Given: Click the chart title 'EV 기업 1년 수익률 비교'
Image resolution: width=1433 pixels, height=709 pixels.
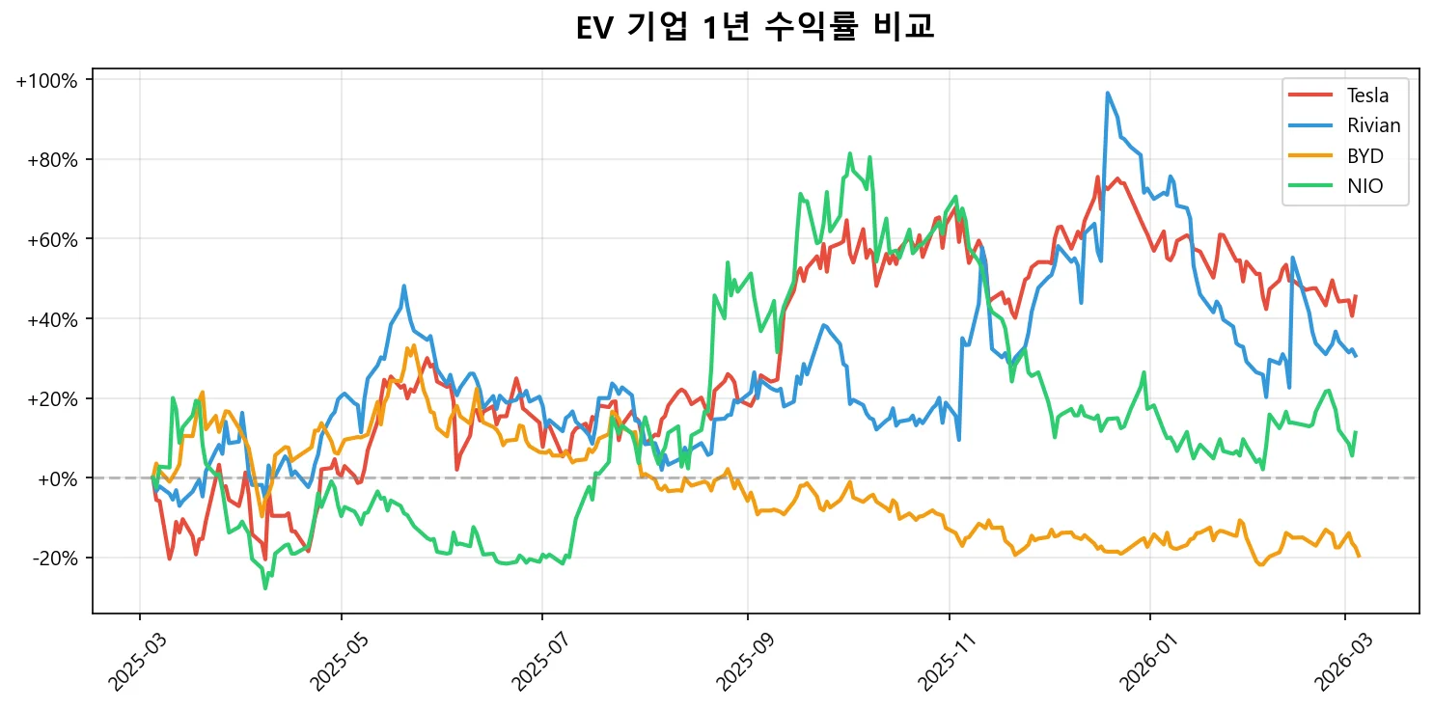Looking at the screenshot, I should point(755,28).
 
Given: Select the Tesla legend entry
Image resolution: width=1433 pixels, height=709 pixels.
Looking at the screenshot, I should point(1367,95).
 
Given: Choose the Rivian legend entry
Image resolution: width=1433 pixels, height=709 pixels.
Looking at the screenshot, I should point(1373,125).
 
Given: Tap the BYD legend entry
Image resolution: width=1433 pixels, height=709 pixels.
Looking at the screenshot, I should point(1364,156).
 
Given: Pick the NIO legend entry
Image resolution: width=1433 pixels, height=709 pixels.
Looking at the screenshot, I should point(1364,187).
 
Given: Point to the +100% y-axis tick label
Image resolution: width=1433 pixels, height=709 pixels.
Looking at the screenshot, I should point(46,80).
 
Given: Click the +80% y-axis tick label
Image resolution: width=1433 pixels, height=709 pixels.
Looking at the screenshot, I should point(50,160).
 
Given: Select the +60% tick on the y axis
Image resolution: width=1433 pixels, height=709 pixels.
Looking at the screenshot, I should point(50,239).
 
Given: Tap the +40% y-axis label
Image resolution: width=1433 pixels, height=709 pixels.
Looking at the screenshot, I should point(50,319).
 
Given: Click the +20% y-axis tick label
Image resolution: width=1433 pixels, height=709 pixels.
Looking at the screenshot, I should point(50,399).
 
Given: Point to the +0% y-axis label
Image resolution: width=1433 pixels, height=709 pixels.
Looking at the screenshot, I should point(54,478).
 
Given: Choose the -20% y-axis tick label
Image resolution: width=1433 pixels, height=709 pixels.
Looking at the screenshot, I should point(54,559).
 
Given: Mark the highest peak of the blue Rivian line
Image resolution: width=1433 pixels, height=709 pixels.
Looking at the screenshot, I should point(1108,94).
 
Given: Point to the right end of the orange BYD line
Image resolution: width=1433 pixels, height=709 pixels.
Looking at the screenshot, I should point(1359,556).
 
